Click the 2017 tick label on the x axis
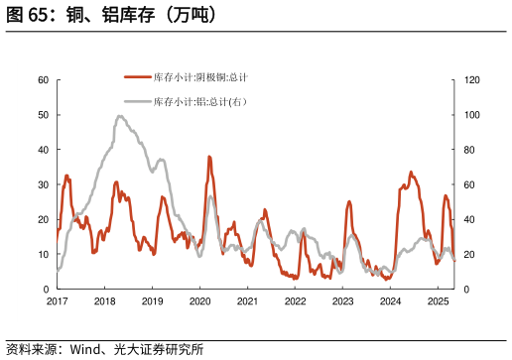57,300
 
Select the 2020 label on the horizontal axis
199,300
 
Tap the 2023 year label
342,300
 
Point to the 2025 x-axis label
438,300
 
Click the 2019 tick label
152,300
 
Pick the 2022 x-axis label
295,300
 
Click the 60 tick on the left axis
43,80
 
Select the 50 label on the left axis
43,115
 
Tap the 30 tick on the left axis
43,184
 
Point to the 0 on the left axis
46,289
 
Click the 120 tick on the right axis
473,80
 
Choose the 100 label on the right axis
473,115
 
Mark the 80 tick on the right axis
470,150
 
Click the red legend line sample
137,77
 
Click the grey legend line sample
137,101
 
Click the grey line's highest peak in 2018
120,116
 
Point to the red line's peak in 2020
209,157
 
